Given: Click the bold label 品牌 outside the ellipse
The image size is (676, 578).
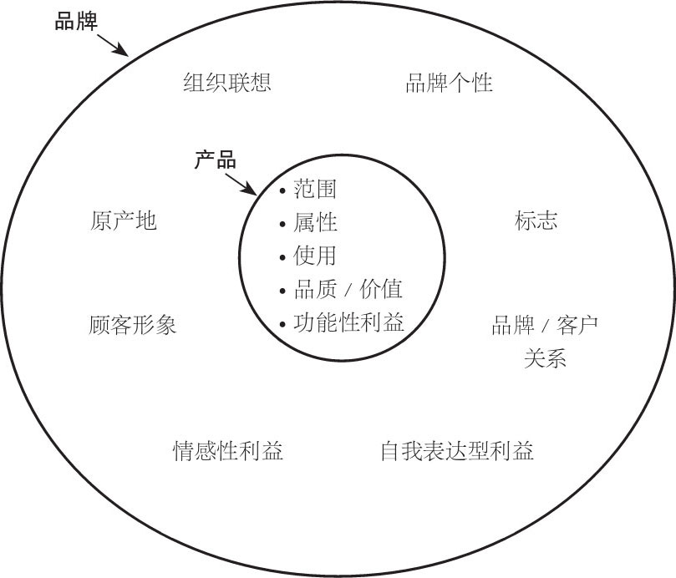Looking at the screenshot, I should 76,21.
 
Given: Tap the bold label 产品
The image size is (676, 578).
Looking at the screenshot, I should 216,160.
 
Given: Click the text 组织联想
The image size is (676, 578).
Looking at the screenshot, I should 227,83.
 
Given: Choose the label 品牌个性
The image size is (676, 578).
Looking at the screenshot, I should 449,83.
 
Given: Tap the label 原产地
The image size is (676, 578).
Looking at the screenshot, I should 123,221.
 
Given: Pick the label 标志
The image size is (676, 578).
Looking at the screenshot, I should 536,221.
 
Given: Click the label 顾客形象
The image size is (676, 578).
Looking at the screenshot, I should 133,324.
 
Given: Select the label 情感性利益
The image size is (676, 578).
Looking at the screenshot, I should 228,451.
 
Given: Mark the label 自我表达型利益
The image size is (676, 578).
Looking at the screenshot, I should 456,451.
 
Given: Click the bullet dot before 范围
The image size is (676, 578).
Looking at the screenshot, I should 283,191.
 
